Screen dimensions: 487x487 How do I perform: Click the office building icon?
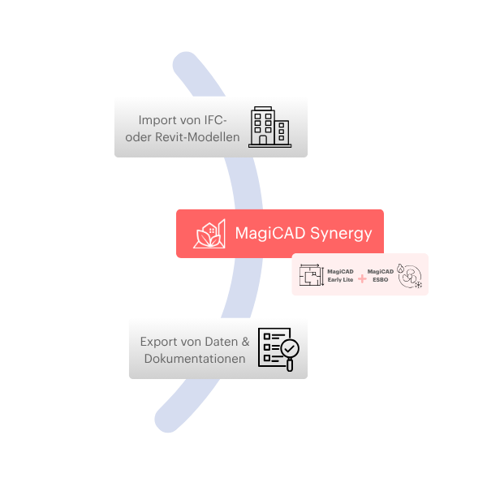pyautogui.click(x=270, y=127)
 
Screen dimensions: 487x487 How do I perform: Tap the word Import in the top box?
pyautogui.click(x=153, y=120)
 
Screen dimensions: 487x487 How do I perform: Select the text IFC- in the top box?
pyautogui.click(x=215, y=120)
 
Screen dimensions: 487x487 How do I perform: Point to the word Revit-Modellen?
pyautogui.click(x=197, y=137)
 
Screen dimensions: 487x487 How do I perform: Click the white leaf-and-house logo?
pyautogui.click(x=209, y=234)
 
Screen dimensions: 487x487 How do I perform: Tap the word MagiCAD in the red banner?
pyautogui.click(x=270, y=234)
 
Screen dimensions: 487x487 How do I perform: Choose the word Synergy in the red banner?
pyautogui.click(x=341, y=234)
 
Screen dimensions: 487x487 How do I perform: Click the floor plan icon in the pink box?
pyautogui.click(x=312, y=275)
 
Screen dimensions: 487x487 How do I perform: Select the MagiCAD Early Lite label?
pyautogui.click(x=340, y=275)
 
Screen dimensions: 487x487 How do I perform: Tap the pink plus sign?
pyautogui.click(x=362, y=278)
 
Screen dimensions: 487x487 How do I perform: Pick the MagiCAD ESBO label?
pyautogui.click(x=381, y=275)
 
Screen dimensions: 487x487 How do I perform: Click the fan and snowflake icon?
pyautogui.click(x=410, y=276)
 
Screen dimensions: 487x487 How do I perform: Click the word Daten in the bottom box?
pyautogui.click(x=222, y=342)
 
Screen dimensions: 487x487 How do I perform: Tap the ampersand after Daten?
pyautogui.click(x=246, y=342)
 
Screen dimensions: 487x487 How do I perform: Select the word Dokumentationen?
pyautogui.click(x=195, y=359)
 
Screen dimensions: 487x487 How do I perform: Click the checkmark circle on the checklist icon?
pyautogui.click(x=290, y=349)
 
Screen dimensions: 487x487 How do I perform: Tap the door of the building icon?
pyautogui.click(x=263, y=140)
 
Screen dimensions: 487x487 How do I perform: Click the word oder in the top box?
pyautogui.click(x=139, y=137)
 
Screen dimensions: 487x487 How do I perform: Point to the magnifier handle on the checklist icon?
pyautogui.click(x=290, y=365)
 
